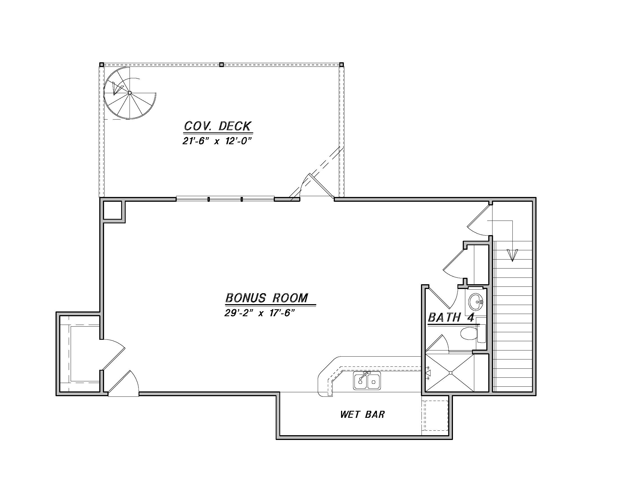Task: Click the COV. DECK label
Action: pos(218,126)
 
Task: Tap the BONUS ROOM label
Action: pos(267,298)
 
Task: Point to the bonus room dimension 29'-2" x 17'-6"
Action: pos(260,313)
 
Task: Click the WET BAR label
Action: pos(362,414)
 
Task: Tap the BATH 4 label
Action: pos(451,317)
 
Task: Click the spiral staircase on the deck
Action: pos(130,93)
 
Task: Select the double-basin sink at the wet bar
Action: pos(367,381)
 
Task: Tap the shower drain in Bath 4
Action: pos(451,373)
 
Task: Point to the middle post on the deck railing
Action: pos(222,65)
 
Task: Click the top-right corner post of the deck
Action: pos(341,65)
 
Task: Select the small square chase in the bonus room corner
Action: pos(112,210)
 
